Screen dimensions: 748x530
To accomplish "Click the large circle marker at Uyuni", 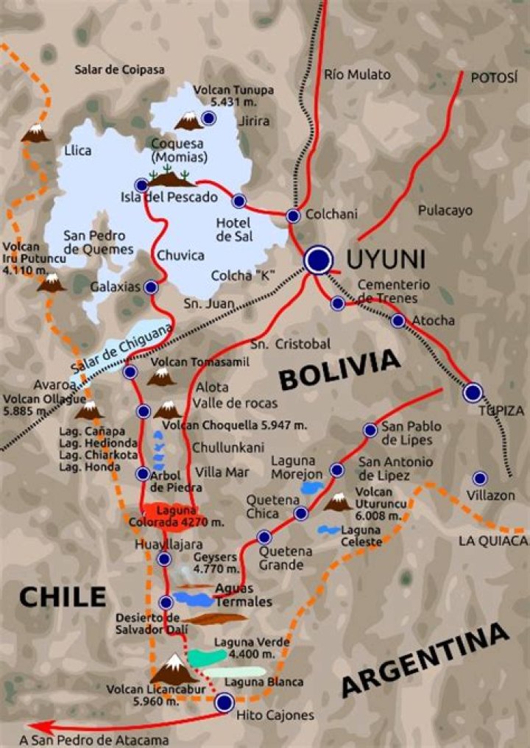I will click(x=318, y=259).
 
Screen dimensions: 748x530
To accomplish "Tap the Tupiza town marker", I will click(x=473, y=392).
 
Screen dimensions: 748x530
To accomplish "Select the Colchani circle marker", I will click(x=293, y=216).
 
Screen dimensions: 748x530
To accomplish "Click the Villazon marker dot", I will click(x=480, y=479).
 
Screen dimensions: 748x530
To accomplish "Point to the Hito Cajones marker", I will click(x=224, y=703).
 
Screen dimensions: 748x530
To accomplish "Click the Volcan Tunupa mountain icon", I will click(x=188, y=121).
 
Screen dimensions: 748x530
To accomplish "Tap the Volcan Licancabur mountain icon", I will click(x=174, y=668).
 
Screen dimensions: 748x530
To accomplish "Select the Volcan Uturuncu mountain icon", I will click(x=338, y=503).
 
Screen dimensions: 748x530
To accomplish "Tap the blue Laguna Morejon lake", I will click(x=312, y=487).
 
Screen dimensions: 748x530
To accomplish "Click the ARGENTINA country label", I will click(x=425, y=660).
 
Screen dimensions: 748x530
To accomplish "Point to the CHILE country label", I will click(x=63, y=596).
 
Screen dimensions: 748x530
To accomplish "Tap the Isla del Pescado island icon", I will click(x=170, y=177).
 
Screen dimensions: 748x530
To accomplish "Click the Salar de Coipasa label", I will click(x=119, y=70).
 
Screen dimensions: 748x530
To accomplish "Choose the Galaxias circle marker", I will click(x=152, y=287).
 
